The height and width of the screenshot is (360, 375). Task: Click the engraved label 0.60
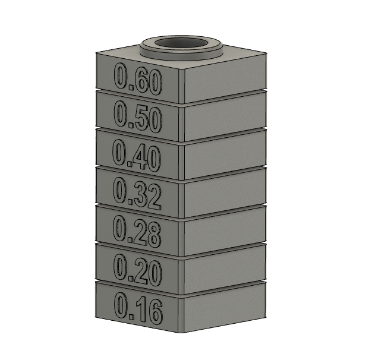[138, 79]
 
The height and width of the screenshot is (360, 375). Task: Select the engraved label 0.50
[137, 117]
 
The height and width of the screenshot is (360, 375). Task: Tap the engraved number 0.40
[137, 155]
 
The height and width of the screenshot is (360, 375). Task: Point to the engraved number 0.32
[137, 194]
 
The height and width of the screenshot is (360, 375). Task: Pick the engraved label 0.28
[137, 232]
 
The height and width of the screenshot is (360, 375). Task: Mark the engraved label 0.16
[138, 309]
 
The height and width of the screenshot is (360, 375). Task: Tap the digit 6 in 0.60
[137, 81]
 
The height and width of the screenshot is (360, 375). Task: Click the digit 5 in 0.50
[137, 119]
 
